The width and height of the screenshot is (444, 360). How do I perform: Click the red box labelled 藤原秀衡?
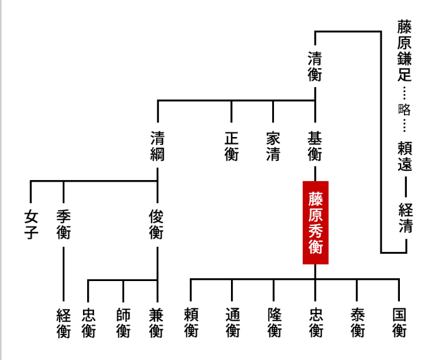[x=315, y=223]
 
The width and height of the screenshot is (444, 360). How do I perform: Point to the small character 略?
[x=405, y=109]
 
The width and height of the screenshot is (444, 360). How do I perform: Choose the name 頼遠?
[x=405, y=156]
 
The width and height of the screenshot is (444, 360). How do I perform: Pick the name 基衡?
[x=315, y=146]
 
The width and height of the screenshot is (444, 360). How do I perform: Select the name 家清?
[x=273, y=146]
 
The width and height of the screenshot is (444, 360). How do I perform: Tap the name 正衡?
[x=231, y=146]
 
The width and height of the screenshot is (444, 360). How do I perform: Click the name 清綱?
[x=157, y=146]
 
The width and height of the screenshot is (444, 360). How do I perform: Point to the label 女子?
[x=31, y=225]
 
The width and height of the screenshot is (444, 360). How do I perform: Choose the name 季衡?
[x=63, y=225]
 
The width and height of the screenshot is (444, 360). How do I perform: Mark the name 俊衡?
[x=157, y=225]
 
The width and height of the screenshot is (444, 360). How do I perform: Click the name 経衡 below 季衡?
[x=63, y=323]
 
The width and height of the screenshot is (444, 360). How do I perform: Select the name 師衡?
[x=123, y=323]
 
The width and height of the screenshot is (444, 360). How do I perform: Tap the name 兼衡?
[x=157, y=323]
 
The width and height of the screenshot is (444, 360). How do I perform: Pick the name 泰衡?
[x=358, y=323]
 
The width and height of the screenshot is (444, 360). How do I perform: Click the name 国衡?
[x=399, y=323]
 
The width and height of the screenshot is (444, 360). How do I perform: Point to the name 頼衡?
[x=191, y=323]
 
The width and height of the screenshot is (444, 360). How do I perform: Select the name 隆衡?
[x=274, y=323]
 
